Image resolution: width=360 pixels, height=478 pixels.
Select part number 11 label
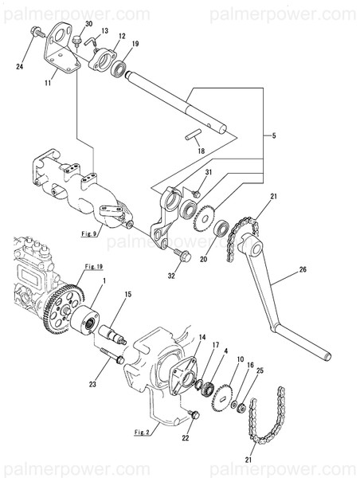coord(48,82)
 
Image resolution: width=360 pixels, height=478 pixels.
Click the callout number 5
coord(274,135)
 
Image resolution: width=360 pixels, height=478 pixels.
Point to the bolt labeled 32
coord(182,256)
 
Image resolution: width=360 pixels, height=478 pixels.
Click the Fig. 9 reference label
coord(89,233)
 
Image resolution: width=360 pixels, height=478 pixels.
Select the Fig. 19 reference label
coord(93,266)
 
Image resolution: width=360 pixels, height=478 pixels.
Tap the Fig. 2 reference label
coord(142,432)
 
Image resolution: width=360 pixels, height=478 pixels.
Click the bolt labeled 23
coord(112,355)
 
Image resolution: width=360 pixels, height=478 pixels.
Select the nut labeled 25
coord(243,408)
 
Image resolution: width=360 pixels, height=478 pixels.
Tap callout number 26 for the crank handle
coord(303,269)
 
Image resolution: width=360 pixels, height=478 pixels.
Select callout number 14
coord(202,337)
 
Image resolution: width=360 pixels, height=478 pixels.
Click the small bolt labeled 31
coord(196,194)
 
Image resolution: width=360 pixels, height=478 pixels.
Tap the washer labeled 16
coord(234,405)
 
